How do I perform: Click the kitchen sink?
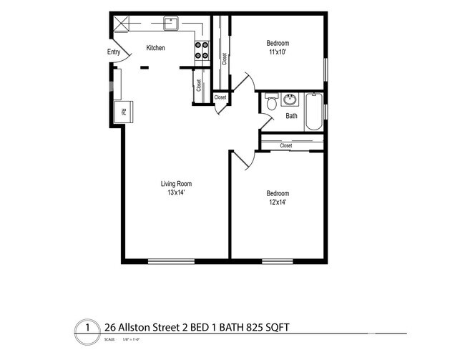pos(170,24)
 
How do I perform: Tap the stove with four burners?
pos(202,49)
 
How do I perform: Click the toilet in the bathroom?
pos(270,104)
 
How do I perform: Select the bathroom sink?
pos(290,99)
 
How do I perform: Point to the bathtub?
pos(315,112)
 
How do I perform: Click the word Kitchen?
pos(156,48)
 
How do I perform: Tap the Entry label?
pos(114,52)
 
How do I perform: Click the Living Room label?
pos(175,183)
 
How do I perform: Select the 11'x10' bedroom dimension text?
pos(278,52)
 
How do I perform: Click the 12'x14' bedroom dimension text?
pos(278,203)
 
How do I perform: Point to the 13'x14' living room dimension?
pos(175,193)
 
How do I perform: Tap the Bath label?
pos(292,116)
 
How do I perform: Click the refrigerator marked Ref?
pos(123,112)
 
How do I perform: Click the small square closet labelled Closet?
pos(220,97)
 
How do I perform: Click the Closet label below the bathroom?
pos(286,145)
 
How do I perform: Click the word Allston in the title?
pos(137,328)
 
